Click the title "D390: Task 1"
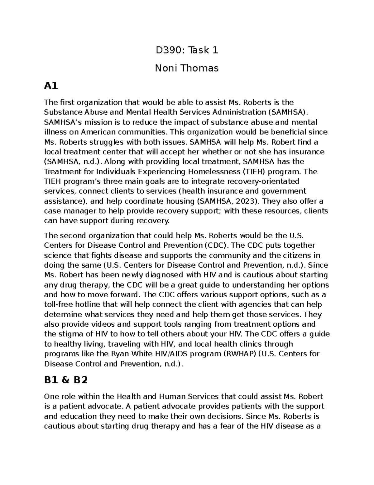pyautogui.click(x=187, y=50)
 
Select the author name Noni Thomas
pyautogui.click(x=187, y=68)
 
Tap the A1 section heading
pyautogui.click(x=51, y=86)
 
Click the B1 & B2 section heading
pyautogui.click(x=66, y=380)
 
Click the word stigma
pyautogui.click(x=69, y=334)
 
